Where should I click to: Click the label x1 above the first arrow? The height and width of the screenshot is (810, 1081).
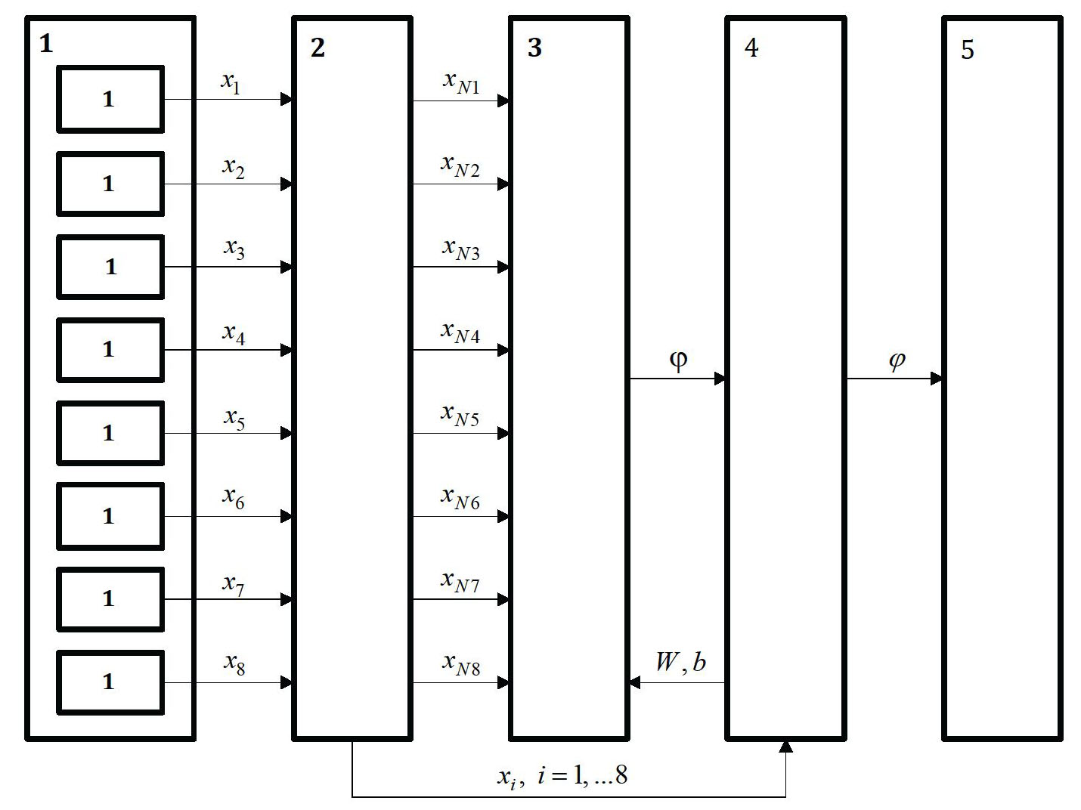coord(231,82)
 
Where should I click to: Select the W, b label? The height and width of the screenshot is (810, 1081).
coord(680,662)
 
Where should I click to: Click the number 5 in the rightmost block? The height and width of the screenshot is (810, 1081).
coord(968,50)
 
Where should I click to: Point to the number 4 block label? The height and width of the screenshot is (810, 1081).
coord(751,48)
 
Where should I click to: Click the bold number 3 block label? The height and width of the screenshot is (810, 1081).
coord(534,48)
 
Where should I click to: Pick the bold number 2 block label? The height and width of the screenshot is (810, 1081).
coord(317,48)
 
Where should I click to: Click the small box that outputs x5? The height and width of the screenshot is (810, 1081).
coord(110,433)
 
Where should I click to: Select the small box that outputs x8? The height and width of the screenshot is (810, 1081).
coord(110,682)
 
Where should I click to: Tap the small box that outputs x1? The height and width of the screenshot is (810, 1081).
coord(110,99)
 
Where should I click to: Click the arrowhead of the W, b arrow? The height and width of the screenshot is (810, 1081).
coord(635,683)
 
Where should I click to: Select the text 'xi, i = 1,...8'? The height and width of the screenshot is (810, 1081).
coord(562,775)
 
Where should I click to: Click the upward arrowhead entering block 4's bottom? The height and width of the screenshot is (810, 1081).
coord(785,747)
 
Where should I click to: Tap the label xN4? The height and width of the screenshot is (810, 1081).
coord(461,332)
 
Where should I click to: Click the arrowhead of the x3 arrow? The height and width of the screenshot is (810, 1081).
coord(287,267)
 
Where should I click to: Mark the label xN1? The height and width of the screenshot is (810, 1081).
coord(461,82)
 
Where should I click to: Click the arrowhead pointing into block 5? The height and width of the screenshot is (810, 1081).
coord(937,378)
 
